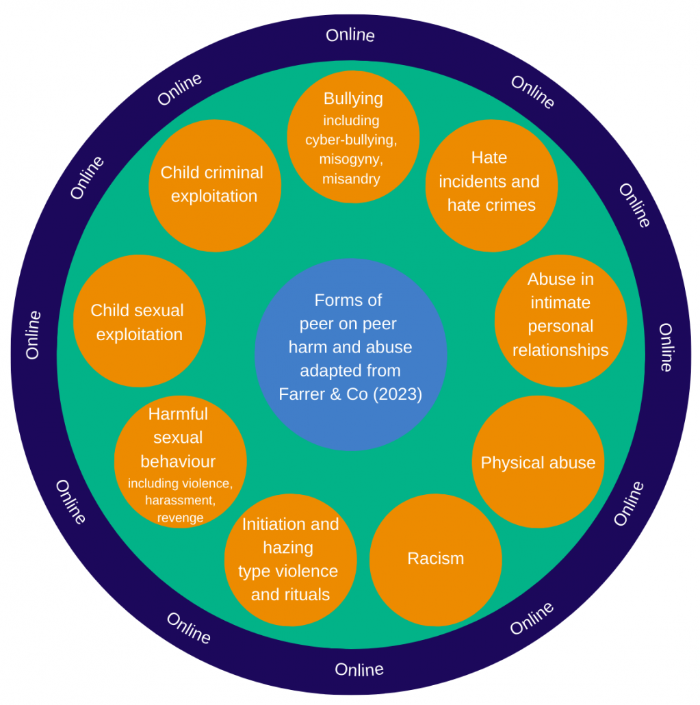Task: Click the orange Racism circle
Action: pos(435,559)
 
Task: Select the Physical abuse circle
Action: pos(538,463)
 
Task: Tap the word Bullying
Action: pos(353,99)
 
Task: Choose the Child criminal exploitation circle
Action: pos(214,185)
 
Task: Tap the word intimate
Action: pos(560,303)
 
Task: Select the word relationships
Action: pos(560,350)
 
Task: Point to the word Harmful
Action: pos(178,414)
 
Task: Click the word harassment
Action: pos(180,500)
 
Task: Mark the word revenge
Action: pos(180,517)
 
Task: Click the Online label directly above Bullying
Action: pos(350,35)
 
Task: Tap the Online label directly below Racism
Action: pos(359,669)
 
